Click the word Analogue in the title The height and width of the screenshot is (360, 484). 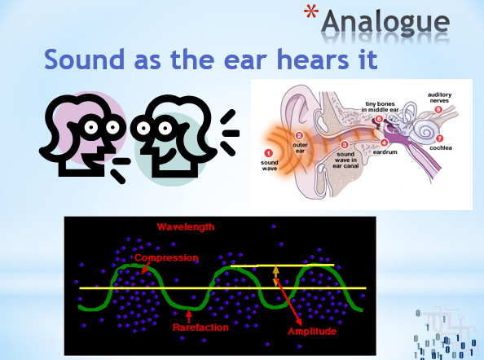pos(385,22)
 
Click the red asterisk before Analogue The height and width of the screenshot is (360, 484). pos(311,13)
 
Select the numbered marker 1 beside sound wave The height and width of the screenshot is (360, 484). pos(269,153)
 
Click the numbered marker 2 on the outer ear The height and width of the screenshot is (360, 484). pos(299,135)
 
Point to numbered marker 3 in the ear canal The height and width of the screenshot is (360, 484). pos(345,144)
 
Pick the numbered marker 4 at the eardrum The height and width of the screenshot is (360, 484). pos(384,143)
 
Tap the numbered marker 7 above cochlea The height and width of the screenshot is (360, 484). pos(439,138)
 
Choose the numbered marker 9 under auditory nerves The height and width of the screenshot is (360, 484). pos(438,109)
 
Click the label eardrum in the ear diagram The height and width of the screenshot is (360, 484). pos(385,152)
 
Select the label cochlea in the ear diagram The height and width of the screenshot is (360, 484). pos(441,148)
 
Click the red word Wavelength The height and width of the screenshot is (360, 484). pos(186,227)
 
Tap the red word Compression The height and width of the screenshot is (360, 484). pos(166,257)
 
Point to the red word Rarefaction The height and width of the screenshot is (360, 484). pos(200,327)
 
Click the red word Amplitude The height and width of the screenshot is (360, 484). pos(312,331)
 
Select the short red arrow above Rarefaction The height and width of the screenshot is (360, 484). pos(189,316)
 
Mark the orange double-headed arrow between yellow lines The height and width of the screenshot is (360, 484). pos(275,276)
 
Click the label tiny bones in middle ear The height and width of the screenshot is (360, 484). pos(380,107)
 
